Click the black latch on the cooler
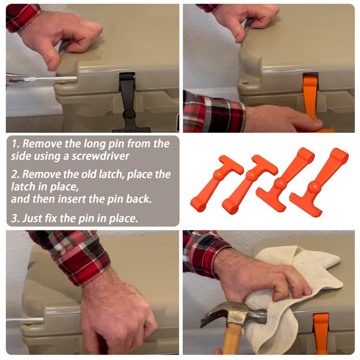(x=128, y=101)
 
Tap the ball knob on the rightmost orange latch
(x=314, y=186)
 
